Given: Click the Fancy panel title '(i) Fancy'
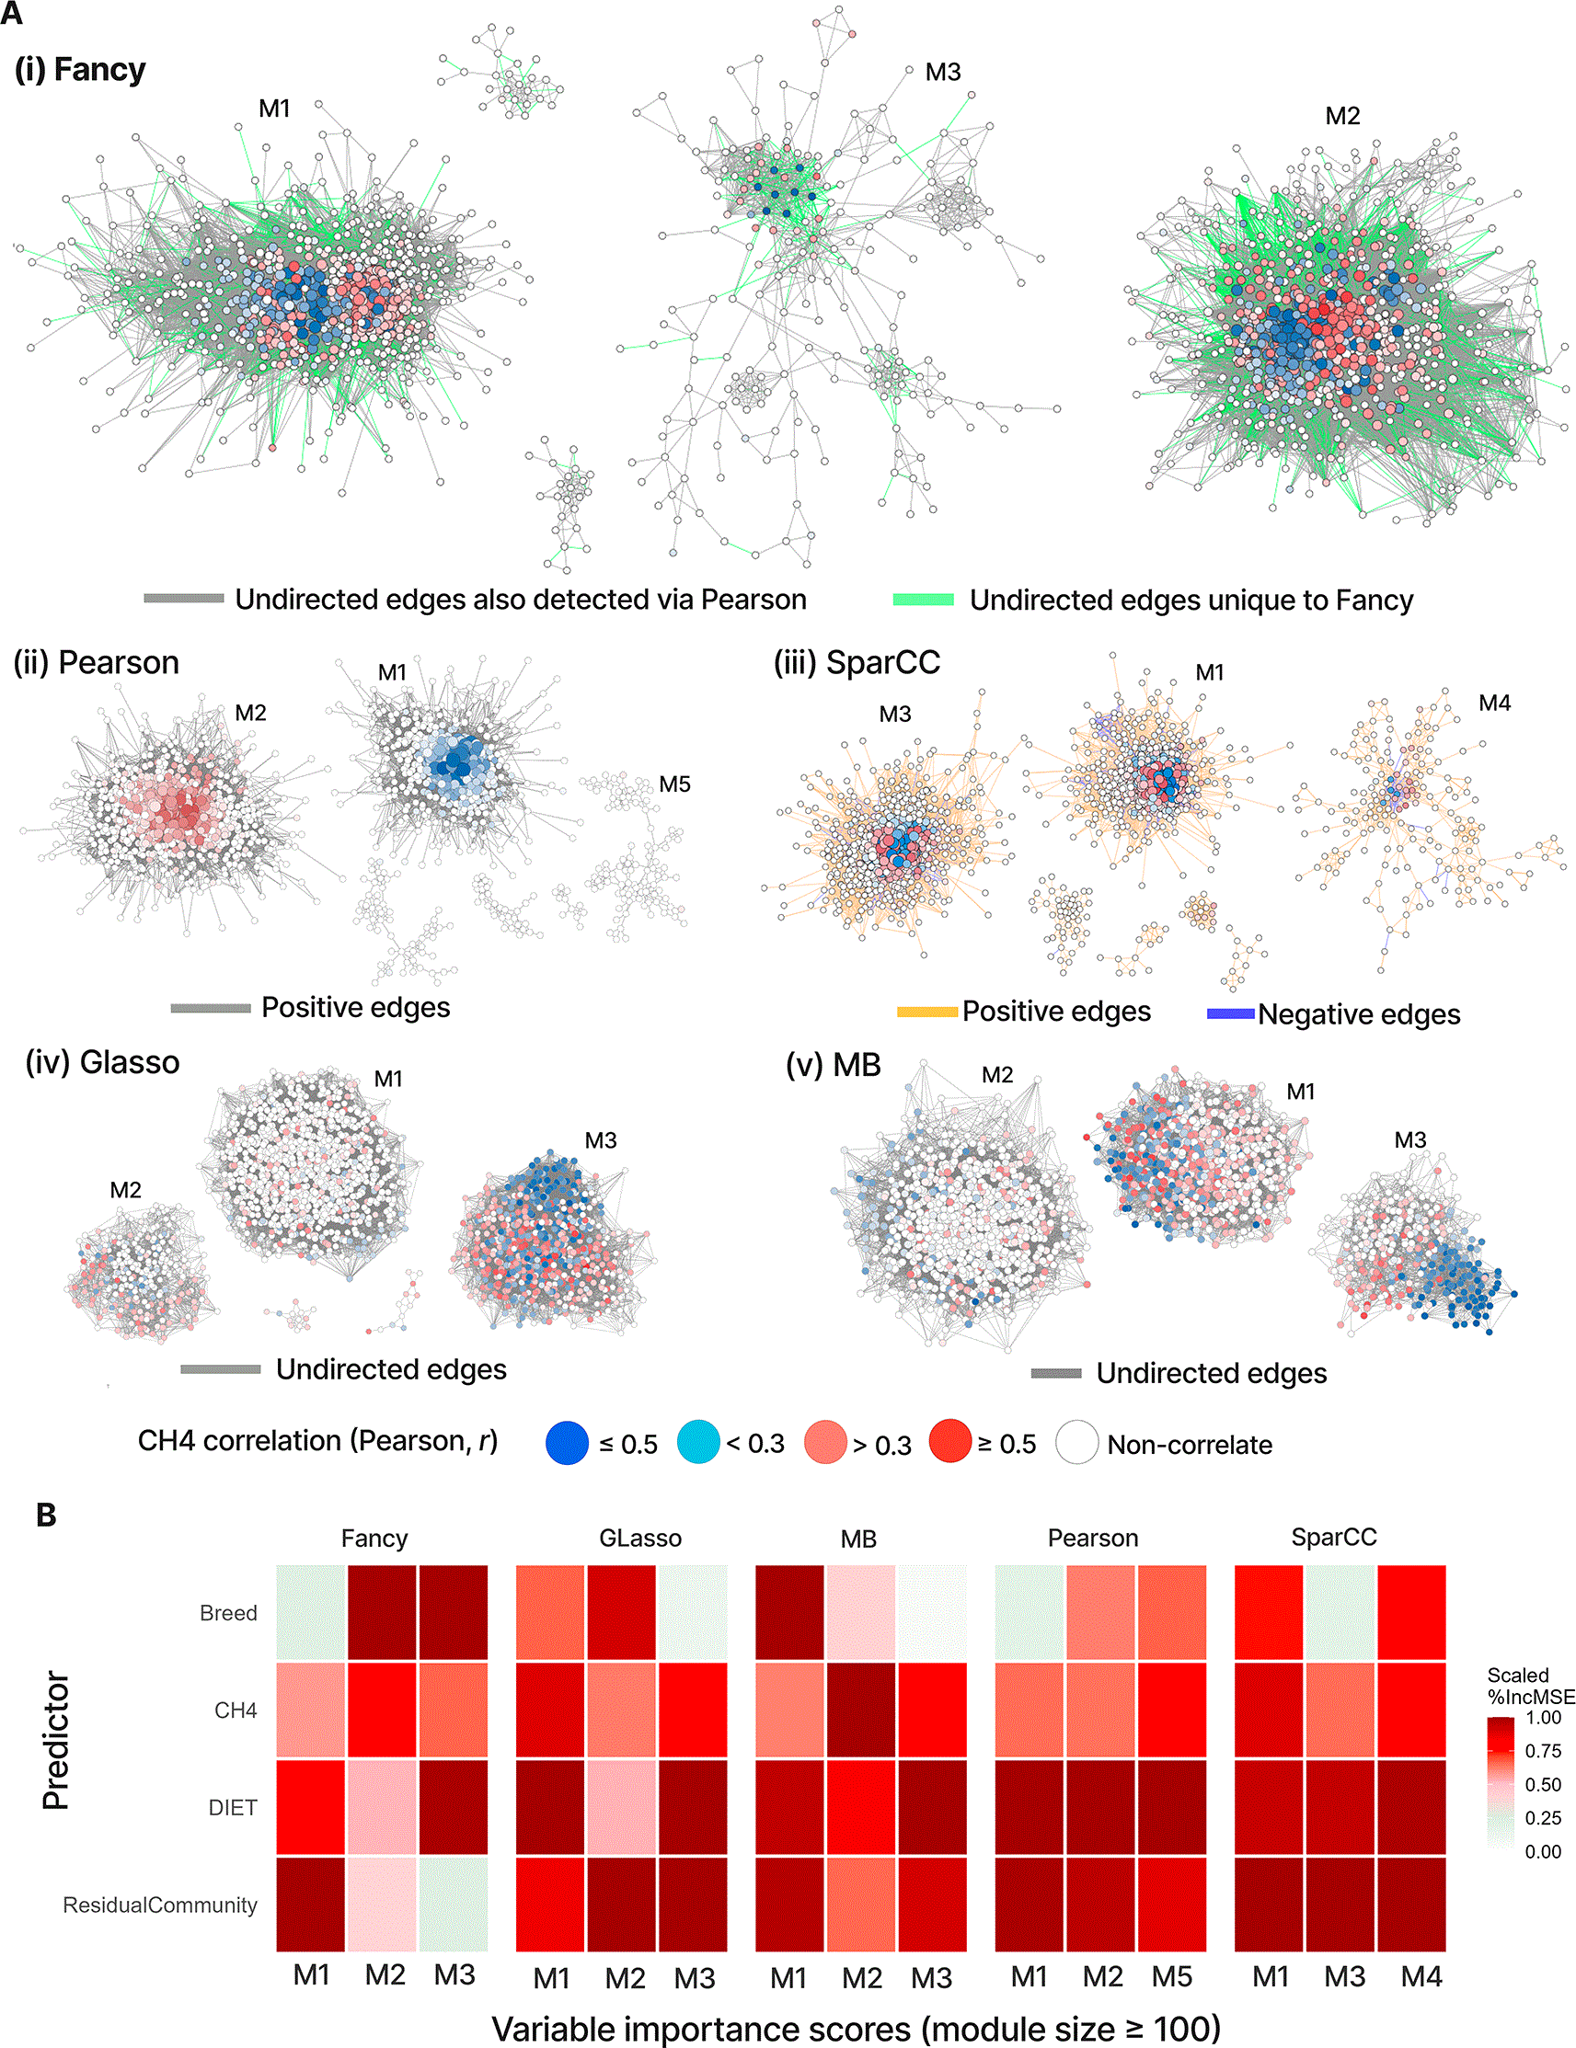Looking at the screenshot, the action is click(81, 70).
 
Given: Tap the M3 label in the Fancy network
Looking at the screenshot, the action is click(943, 73).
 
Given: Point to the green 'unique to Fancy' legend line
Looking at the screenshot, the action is click(923, 600).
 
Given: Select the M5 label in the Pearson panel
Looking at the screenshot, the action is click(674, 784).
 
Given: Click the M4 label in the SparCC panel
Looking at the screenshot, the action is click(1494, 704).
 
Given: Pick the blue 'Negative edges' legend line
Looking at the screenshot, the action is click(1231, 1013).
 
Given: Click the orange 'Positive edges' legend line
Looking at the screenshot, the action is click(927, 1012).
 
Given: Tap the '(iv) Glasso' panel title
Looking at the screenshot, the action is click(102, 1062).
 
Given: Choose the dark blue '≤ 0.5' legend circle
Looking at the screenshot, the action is click(568, 1443).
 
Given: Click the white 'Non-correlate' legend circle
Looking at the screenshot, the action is click(1077, 1443).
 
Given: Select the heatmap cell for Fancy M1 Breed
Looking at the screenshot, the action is click(312, 1612).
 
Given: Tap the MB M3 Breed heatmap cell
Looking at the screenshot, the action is click(933, 1612).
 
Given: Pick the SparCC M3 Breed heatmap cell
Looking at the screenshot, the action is click(1340, 1612).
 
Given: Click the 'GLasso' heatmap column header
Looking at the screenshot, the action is click(640, 1538).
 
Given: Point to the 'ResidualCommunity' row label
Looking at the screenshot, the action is click(159, 1905).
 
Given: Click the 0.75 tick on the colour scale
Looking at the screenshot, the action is click(1542, 1751).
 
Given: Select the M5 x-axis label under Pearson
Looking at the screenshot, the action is click(1172, 1977).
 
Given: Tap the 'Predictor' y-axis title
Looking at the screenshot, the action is click(56, 1741).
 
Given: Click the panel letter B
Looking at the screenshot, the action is click(46, 1516).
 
